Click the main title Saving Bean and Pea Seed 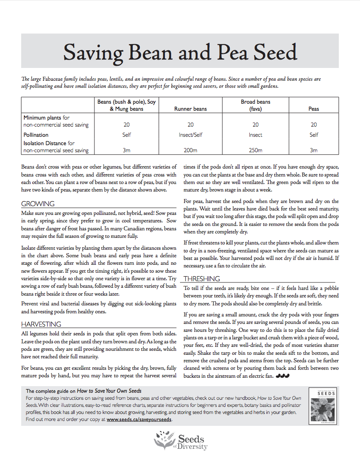click(x=180, y=53)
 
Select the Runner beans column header click(x=191, y=109)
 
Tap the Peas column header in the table click(x=314, y=109)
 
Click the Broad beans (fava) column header click(x=255, y=105)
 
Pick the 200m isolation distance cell click(x=191, y=150)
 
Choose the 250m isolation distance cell click(x=255, y=150)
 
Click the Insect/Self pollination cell click(x=191, y=135)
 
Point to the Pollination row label click(x=36, y=135)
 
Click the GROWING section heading click(x=38, y=204)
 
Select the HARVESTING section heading click(x=41, y=324)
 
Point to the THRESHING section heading click(x=202, y=279)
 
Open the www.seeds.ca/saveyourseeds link click(x=139, y=420)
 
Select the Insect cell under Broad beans click(x=255, y=135)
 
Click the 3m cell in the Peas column click(x=314, y=150)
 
